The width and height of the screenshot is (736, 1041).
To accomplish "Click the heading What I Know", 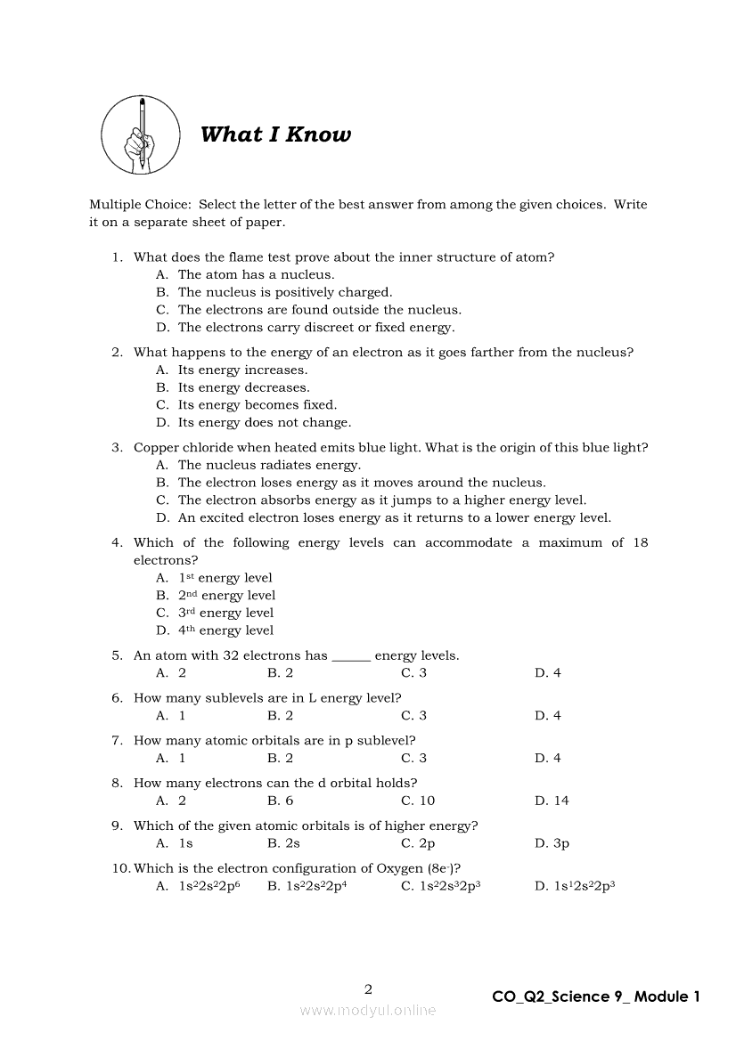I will click(x=275, y=134).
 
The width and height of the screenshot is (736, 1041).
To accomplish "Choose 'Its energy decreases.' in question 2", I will click(x=243, y=387).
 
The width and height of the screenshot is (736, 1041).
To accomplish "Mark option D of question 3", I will click(x=394, y=517).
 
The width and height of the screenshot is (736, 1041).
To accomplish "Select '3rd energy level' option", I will click(x=225, y=613).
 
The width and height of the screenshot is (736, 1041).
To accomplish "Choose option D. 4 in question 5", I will click(x=548, y=672).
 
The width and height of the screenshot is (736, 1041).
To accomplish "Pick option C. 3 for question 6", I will click(x=413, y=715).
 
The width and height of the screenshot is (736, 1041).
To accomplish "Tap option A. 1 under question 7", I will click(x=171, y=758).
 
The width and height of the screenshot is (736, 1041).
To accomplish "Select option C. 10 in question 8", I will click(x=418, y=801).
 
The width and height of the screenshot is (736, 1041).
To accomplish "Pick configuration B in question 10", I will click(x=307, y=886).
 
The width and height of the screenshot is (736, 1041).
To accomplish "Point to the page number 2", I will click(x=368, y=988).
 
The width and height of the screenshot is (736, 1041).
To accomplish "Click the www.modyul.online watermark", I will click(x=368, y=1010).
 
